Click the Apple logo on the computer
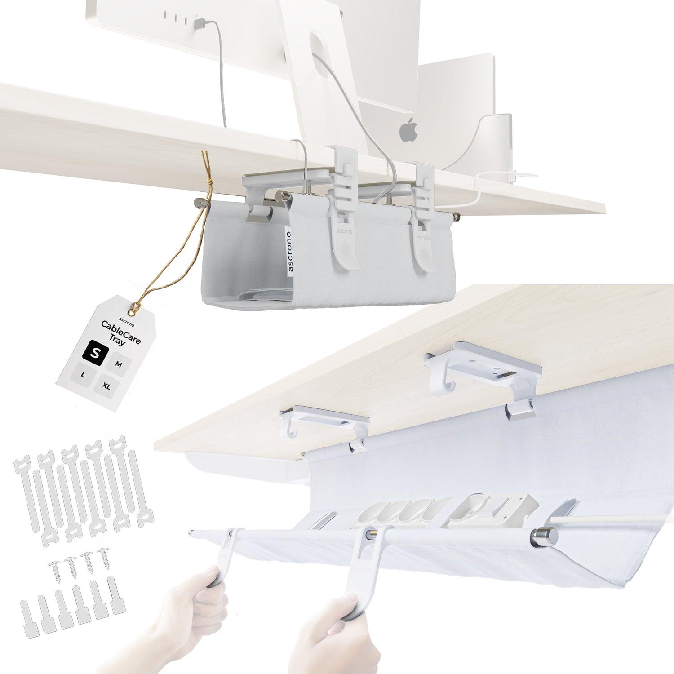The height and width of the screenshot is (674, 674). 408,130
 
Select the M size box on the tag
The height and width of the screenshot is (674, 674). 119,364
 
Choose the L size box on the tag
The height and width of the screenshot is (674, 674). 83,375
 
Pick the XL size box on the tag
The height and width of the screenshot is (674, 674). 106,386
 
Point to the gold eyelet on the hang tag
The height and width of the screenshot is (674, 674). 133,309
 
